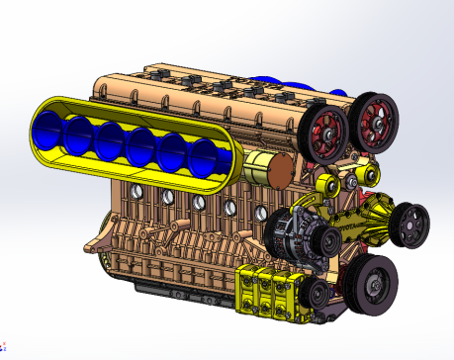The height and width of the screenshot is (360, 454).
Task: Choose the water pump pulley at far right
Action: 409,224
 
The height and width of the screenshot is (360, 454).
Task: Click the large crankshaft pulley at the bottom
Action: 373,283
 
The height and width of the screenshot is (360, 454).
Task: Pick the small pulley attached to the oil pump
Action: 316,293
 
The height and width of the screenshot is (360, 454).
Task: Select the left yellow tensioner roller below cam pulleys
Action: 323,184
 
